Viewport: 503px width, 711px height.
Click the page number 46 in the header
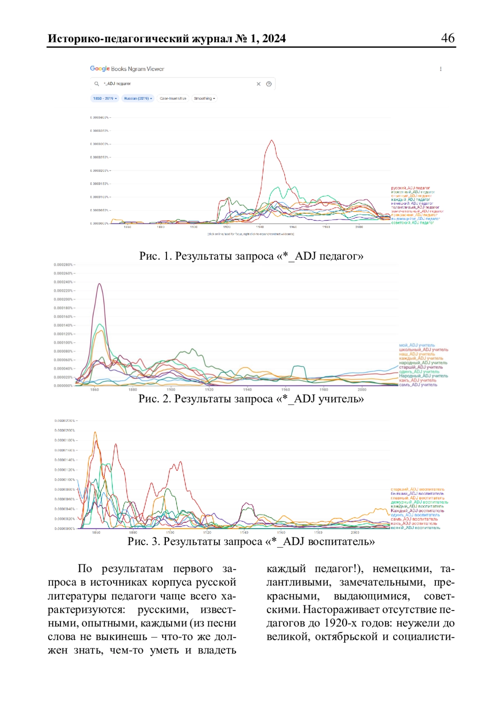[448, 38]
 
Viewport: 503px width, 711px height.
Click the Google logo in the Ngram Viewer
[100, 69]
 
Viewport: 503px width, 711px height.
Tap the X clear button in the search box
[259, 84]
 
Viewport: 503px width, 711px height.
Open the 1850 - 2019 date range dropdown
[105, 98]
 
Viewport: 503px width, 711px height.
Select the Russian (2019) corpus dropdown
[138, 98]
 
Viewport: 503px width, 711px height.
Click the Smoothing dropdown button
[205, 98]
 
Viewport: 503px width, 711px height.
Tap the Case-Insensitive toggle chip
[173, 98]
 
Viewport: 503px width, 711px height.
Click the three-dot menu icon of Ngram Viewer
[441, 69]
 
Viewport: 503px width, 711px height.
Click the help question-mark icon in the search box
[269, 84]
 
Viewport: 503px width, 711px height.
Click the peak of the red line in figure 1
[272, 140]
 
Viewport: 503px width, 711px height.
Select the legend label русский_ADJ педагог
[410, 188]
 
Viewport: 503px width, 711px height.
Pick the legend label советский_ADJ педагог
[412, 222]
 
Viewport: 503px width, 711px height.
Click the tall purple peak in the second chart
[99, 284]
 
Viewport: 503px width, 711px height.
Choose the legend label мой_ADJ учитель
[417, 345]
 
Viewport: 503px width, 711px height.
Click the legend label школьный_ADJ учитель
[423, 349]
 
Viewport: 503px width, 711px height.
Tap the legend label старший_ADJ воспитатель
[417, 489]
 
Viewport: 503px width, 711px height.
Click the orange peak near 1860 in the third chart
[95, 432]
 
